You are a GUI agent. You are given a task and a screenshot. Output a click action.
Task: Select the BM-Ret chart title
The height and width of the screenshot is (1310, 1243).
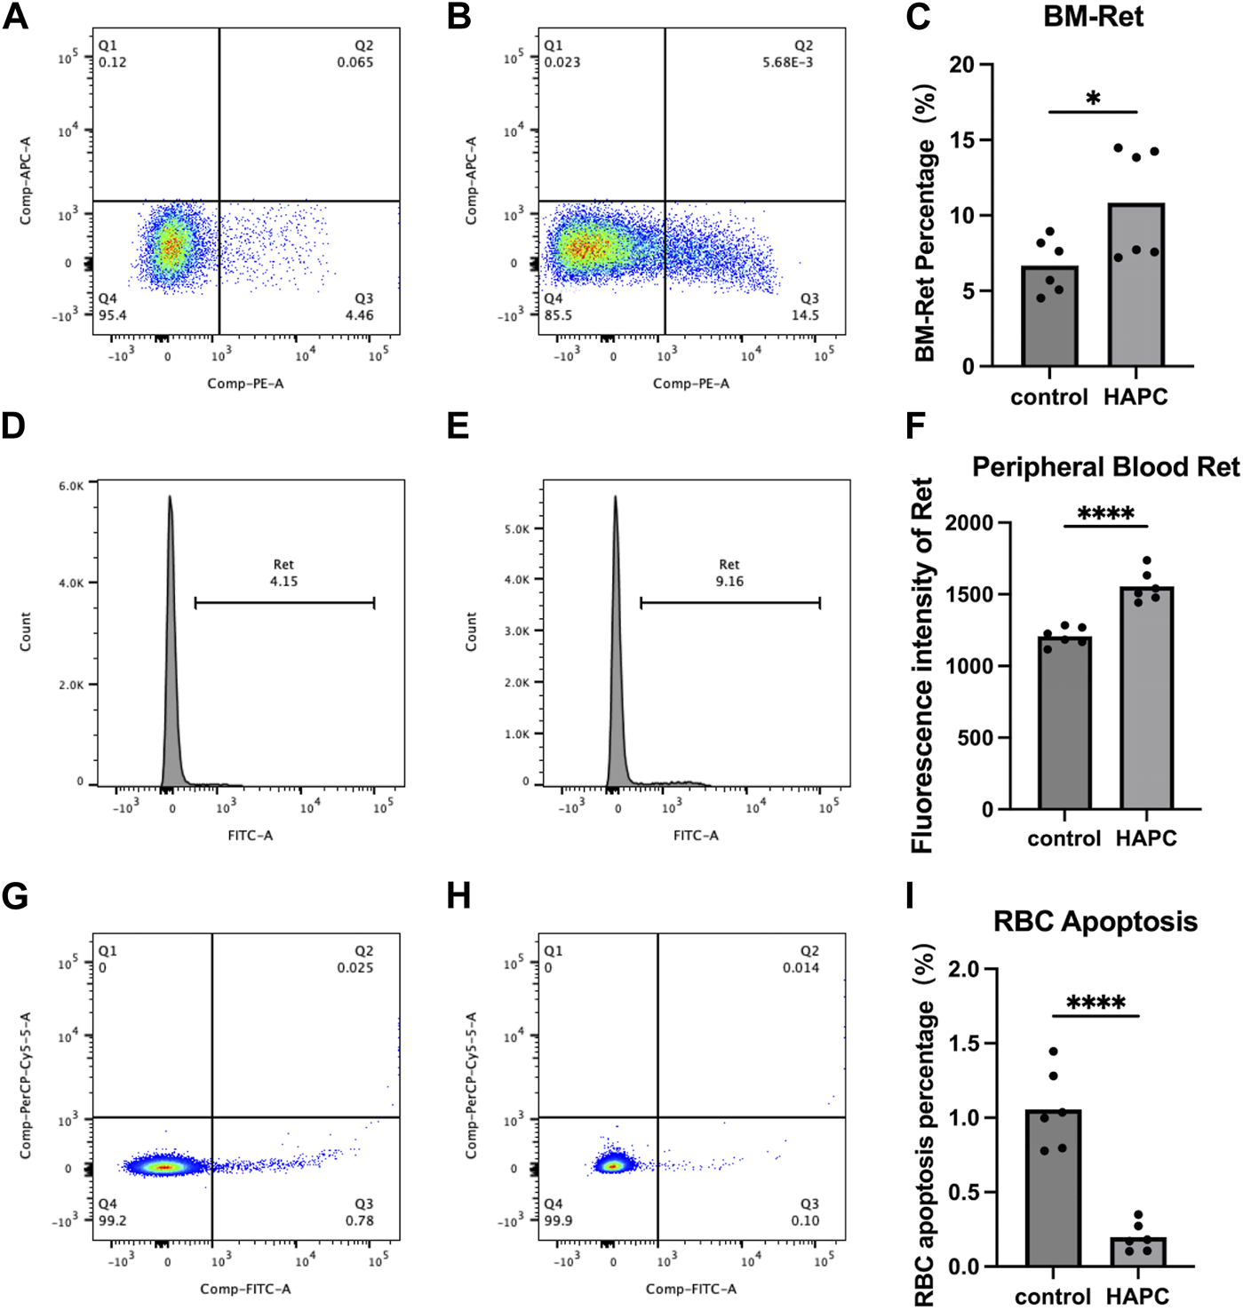(1093, 17)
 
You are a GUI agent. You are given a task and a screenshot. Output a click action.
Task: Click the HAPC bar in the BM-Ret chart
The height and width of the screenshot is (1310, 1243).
(1135, 284)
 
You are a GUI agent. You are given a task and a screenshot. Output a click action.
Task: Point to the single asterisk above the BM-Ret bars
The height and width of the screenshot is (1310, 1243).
(1093, 99)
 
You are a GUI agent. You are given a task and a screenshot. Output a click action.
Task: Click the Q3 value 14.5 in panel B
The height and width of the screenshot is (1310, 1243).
(805, 315)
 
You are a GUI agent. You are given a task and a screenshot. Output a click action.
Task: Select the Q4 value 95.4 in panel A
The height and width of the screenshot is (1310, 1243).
(112, 315)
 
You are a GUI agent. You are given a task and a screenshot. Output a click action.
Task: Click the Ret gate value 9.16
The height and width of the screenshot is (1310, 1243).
(729, 582)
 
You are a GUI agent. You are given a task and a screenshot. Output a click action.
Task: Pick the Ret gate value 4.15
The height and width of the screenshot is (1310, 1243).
(283, 582)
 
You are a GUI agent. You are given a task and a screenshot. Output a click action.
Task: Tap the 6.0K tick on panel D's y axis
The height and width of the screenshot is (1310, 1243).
(71, 486)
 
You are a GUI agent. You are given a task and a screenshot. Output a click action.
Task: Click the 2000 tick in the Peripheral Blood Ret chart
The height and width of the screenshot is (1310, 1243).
(969, 522)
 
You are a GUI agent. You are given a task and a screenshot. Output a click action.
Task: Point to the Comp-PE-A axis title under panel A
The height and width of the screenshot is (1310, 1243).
(245, 384)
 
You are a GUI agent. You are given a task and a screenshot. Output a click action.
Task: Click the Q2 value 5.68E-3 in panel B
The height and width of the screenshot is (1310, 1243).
(787, 62)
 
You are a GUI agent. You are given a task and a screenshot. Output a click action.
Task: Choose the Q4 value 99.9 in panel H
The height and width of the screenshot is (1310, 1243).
(558, 1220)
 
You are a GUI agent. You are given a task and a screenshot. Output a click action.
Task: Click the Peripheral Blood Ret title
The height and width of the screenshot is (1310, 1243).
(1105, 467)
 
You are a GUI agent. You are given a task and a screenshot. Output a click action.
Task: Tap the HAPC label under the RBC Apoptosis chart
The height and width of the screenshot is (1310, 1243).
(1137, 1296)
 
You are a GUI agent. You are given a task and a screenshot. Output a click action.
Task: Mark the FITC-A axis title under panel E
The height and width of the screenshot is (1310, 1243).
(696, 835)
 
